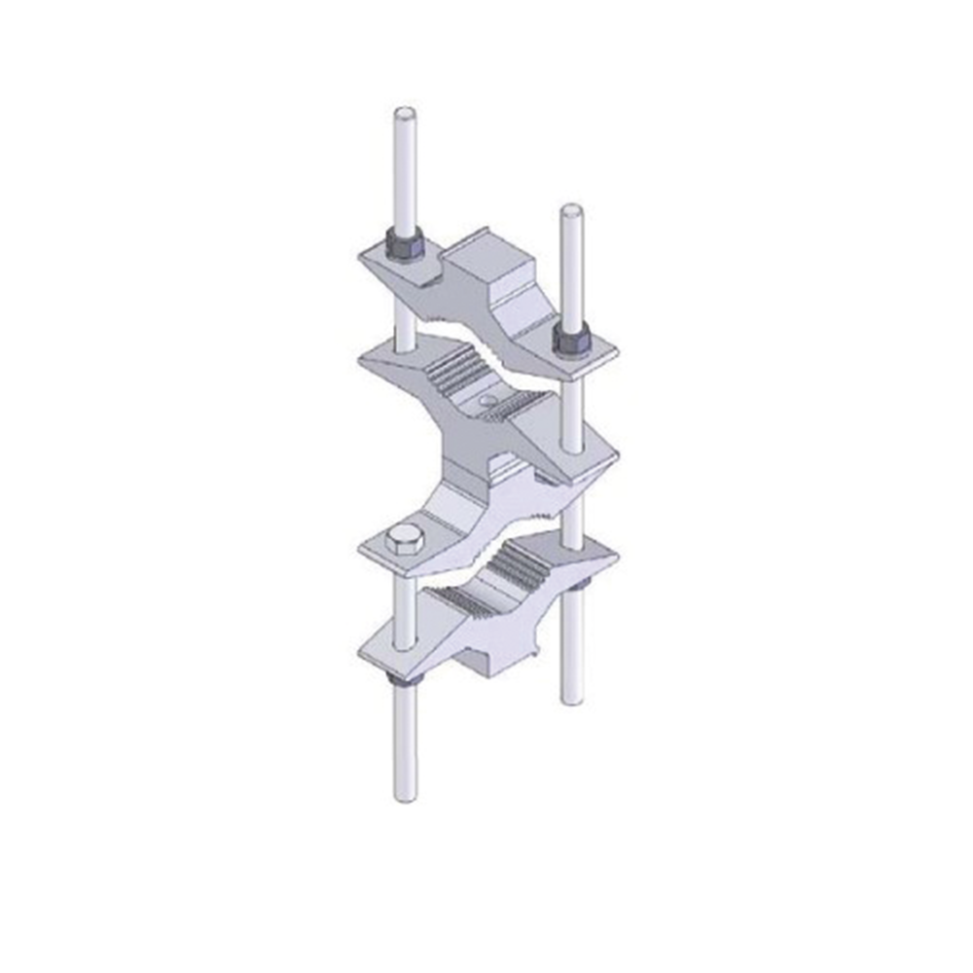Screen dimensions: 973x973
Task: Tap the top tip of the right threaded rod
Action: pos(572,210)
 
